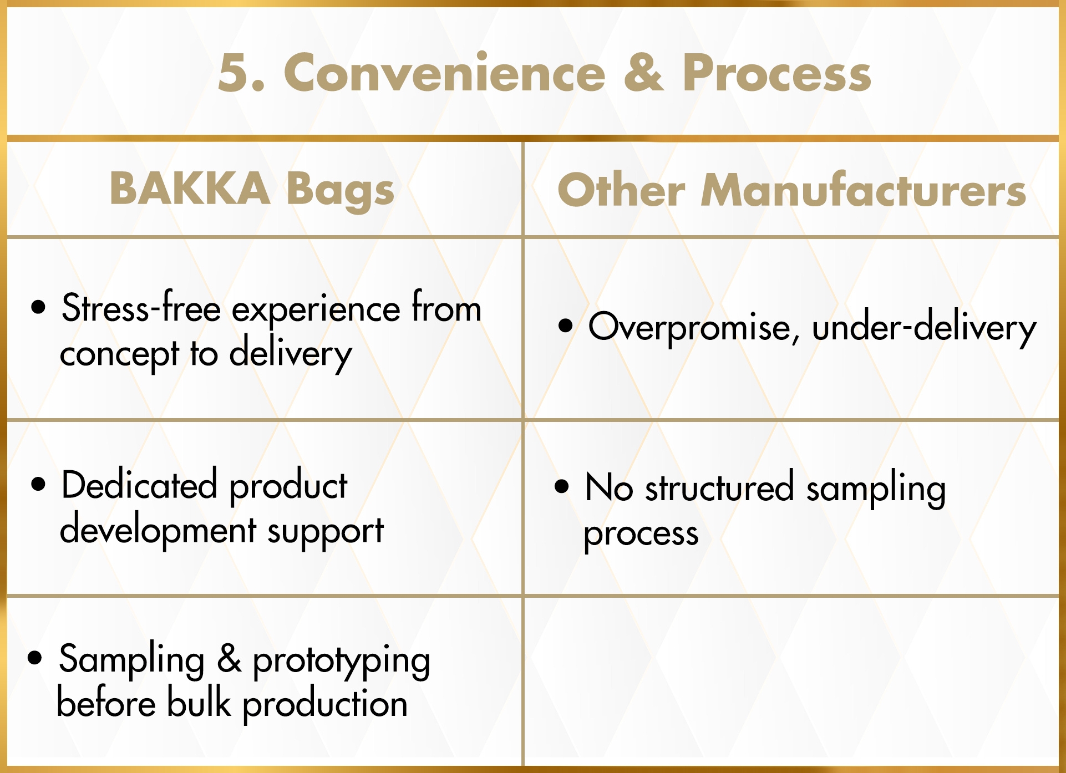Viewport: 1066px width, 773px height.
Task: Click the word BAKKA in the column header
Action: point(190,188)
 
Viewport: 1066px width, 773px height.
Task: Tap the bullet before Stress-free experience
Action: point(38,307)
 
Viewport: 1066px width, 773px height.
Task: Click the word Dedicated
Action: point(139,484)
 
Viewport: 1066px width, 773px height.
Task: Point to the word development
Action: point(158,531)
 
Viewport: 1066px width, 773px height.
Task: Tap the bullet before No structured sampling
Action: point(562,486)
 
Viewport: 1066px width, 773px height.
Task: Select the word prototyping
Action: point(341,660)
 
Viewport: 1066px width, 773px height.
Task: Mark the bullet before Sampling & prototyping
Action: point(34,657)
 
